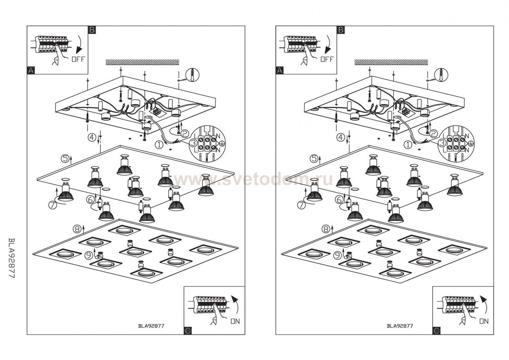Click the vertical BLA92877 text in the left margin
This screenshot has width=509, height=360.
click(11, 258)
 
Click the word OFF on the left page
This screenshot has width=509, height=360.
click(78, 59)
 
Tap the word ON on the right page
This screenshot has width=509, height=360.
click(484, 321)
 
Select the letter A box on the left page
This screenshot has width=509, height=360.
click(31, 70)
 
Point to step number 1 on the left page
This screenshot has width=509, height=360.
click(159, 145)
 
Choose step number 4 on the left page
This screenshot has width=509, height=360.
click(92, 138)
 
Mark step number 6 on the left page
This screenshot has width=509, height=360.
click(90, 200)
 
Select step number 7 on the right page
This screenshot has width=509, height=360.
click(301, 205)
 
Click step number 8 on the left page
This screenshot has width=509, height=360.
click(77, 229)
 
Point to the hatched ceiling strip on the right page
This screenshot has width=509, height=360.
click(391, 62)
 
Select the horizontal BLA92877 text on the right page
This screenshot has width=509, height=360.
click(400, 326)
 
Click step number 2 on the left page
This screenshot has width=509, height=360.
click(185, 133)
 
